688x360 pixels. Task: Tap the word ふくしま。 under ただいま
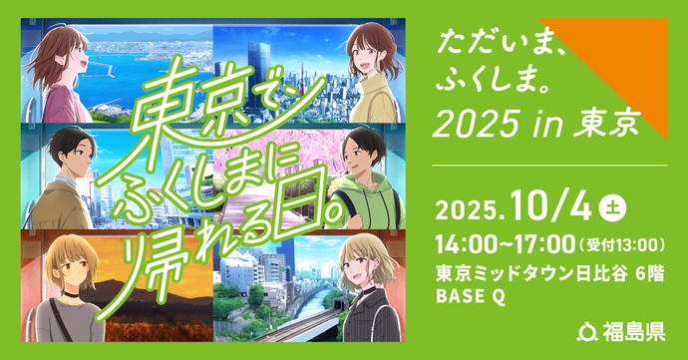pyautogui.click(x=485, y=81)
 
